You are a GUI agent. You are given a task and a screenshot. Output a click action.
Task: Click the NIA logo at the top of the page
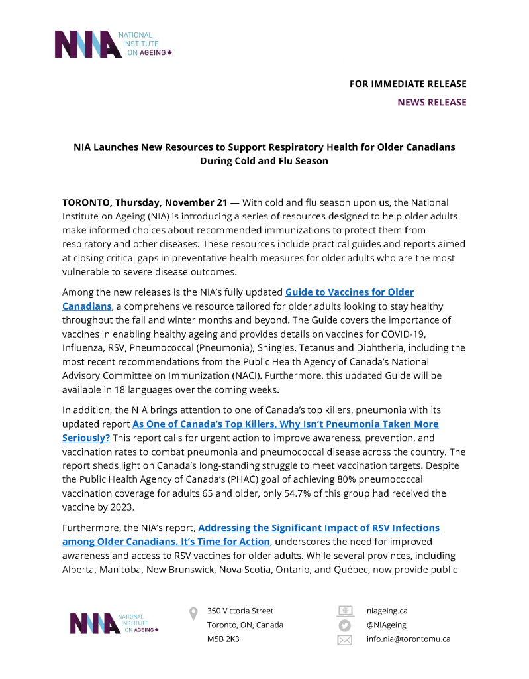113,44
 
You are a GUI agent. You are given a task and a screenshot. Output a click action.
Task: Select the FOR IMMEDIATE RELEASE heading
408,84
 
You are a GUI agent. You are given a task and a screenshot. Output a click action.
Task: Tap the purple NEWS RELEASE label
432,102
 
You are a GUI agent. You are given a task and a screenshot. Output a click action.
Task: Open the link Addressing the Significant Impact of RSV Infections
318,528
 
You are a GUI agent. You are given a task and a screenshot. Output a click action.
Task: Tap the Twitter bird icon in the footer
344,625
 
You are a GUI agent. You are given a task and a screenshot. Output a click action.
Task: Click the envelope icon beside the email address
344,640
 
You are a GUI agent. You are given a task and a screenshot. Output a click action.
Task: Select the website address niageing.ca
387,611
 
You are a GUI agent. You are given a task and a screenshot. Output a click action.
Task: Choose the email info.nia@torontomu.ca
408,639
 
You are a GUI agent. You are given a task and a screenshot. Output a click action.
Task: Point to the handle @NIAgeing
387,625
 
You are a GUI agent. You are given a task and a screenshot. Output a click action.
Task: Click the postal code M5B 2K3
223,639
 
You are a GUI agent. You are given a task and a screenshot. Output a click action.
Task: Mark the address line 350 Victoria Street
240,611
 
